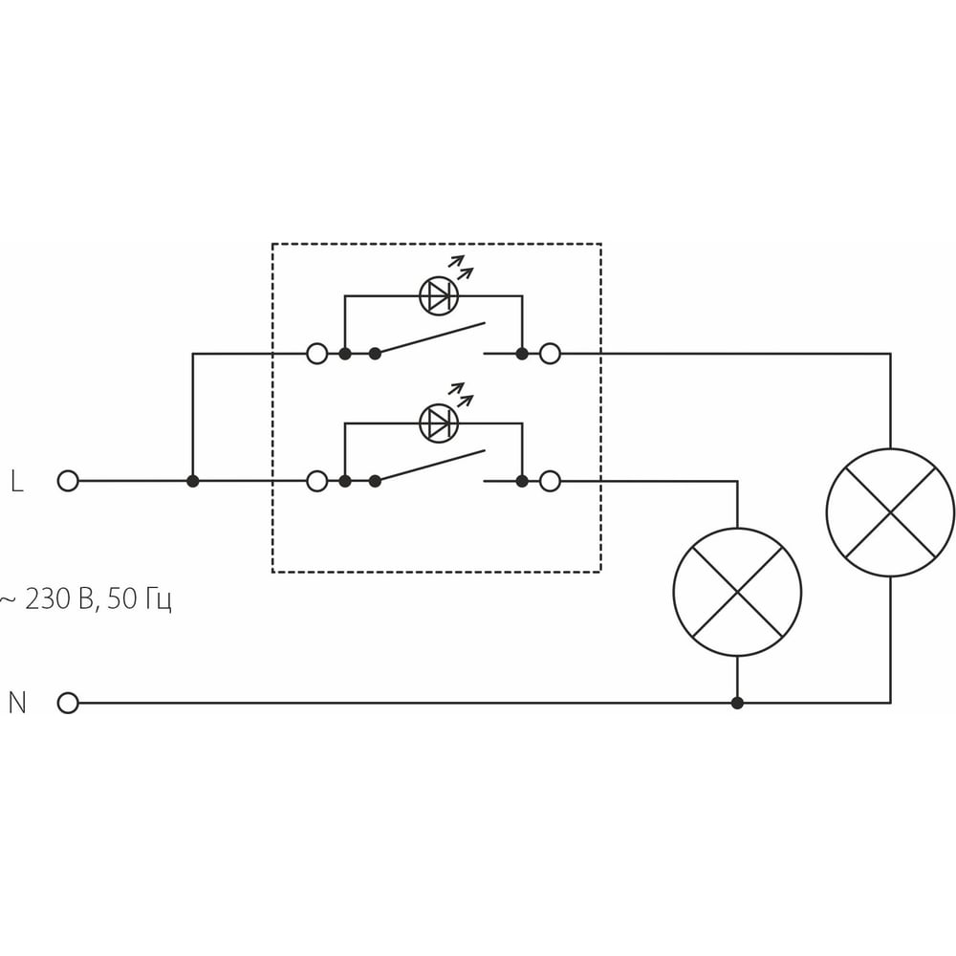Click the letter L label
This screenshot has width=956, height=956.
[17, 481]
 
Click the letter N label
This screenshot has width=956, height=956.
[17, 703]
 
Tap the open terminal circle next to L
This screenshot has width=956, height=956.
[68, 481]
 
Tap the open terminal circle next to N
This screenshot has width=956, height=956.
[68, 703]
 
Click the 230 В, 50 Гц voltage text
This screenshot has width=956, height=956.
[85, 599]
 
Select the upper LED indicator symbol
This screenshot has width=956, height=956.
[439, 295]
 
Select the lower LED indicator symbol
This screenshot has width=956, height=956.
[439, 424]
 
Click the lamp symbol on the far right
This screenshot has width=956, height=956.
[890, 512]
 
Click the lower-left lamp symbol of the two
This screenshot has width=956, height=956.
[737, 592]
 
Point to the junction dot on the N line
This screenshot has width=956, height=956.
[737, 703]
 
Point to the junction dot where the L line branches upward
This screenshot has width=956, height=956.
[193, 481]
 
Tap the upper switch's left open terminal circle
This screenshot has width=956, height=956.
[317, 353]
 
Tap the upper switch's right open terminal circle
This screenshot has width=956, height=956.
[550, 353]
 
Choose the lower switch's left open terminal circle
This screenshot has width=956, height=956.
[317, 481]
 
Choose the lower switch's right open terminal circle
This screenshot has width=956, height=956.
[550, 481]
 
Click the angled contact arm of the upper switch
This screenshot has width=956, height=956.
[430, 337]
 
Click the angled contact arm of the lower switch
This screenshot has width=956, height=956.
[430, 466]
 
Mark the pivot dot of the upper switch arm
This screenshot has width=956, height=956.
[375, 353]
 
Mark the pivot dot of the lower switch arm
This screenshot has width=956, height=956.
[375, 481]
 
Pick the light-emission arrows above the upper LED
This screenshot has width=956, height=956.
[462, 267]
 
